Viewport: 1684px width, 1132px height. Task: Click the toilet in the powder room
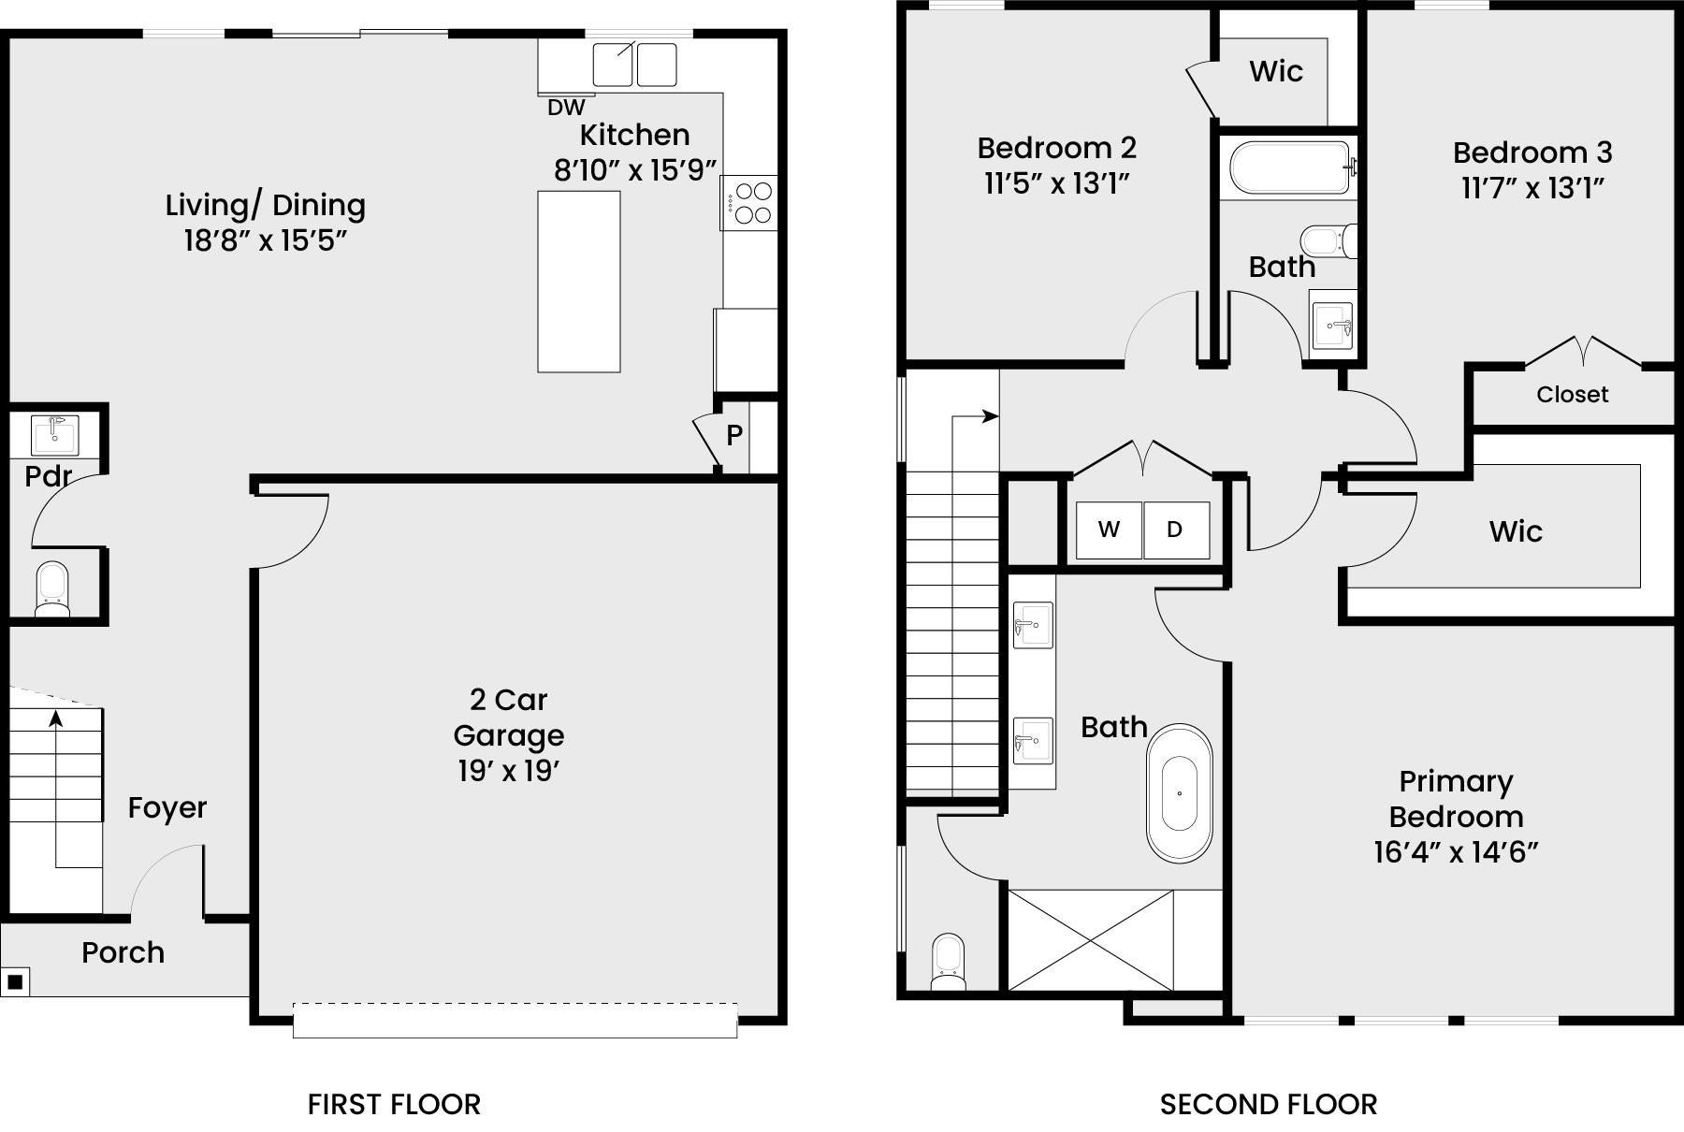point(51,588)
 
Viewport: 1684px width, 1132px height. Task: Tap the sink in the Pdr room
point(55,434)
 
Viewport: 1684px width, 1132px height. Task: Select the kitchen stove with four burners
point(748,203)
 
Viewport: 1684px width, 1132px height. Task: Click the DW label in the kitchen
point(566,108)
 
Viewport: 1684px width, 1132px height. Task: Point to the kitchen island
point(579,282)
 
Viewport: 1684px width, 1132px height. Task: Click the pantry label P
point(734,435)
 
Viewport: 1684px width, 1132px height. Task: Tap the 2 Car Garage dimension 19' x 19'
point(509,771)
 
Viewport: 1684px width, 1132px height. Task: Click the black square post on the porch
point(15,981)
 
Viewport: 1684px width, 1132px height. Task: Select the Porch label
point(123,952)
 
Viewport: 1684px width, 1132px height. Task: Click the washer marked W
point(1109,530)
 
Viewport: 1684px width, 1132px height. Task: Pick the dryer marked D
point(1176,530)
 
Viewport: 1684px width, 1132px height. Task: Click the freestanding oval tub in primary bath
point(1180,793)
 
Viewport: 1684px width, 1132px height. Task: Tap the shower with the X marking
point(1091,940)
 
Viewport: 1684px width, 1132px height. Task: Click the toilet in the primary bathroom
point(949,962)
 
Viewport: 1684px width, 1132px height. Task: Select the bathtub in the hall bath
point(1289,167)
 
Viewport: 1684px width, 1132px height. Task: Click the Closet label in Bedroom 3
point(1573,395)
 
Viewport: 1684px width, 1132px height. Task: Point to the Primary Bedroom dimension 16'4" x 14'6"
point(1456,852)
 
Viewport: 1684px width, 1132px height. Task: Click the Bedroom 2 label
point(1057,148)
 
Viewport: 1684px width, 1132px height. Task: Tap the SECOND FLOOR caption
point(1269,1105)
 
